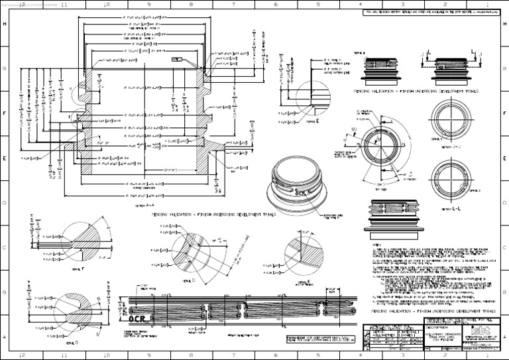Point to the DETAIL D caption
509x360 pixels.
pos(186,280)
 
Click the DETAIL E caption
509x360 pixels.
pos(314,121)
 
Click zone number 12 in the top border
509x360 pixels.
pos(24,4)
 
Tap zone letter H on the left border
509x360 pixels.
pos(5,24)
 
